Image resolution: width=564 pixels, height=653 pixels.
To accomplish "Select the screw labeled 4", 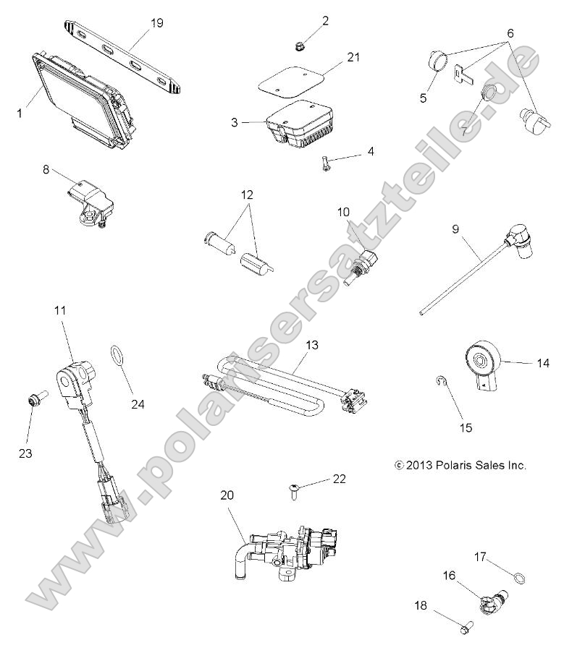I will (x=327, y=164).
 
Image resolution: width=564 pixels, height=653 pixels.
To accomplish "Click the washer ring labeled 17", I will (x=518, y=577).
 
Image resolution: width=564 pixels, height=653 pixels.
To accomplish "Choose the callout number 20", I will (x=227, y=495).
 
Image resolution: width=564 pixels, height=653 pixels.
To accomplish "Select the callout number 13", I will (x=311, y=346).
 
